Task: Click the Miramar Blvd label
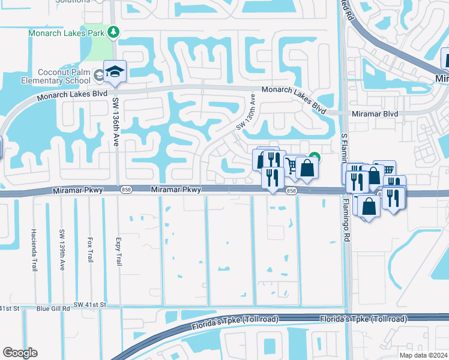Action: coord(375,114)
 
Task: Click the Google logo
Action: coord(20,353)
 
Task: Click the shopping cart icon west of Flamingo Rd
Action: coord(291,164)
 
